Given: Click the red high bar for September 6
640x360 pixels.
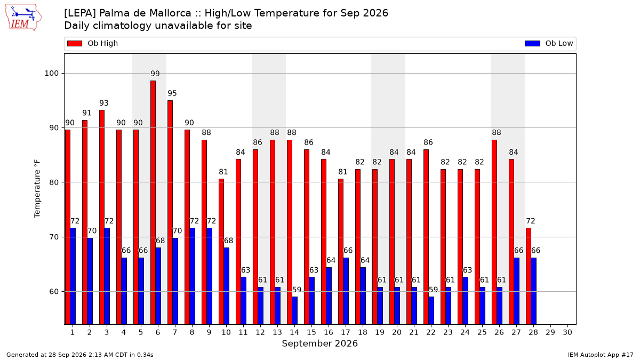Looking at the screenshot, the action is coord(153,203).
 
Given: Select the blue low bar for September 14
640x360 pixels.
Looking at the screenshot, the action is coord(294,310).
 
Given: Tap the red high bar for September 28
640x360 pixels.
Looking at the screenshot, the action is coord(529,276).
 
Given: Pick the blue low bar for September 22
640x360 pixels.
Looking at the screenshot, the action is coord(431,310).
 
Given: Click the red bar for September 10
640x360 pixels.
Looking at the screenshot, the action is coord(221,252).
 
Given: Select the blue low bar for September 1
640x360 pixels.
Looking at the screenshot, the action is coord(73,276).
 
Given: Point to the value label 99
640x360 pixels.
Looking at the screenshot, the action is coord(155,74).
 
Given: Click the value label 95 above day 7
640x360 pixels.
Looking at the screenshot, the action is coord(172,93).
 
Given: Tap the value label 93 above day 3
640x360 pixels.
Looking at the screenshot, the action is coord(103,103).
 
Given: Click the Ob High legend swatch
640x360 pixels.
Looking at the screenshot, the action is coord(75,43).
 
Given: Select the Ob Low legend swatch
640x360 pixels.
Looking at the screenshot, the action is coord(533,43).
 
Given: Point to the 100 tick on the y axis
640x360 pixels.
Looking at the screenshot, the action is coord(51,74).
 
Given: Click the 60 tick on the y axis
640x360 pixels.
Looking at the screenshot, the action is coord(54,292).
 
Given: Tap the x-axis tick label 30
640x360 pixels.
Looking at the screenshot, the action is coord(567,333).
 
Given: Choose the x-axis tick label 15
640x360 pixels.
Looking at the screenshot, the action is coord(311,333).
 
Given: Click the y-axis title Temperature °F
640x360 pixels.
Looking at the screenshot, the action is coord(37,189).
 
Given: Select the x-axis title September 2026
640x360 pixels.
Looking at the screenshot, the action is coord(319,343).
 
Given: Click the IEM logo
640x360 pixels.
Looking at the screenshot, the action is coord(23,18).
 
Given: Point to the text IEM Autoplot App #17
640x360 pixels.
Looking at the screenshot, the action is coord(601,355).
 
